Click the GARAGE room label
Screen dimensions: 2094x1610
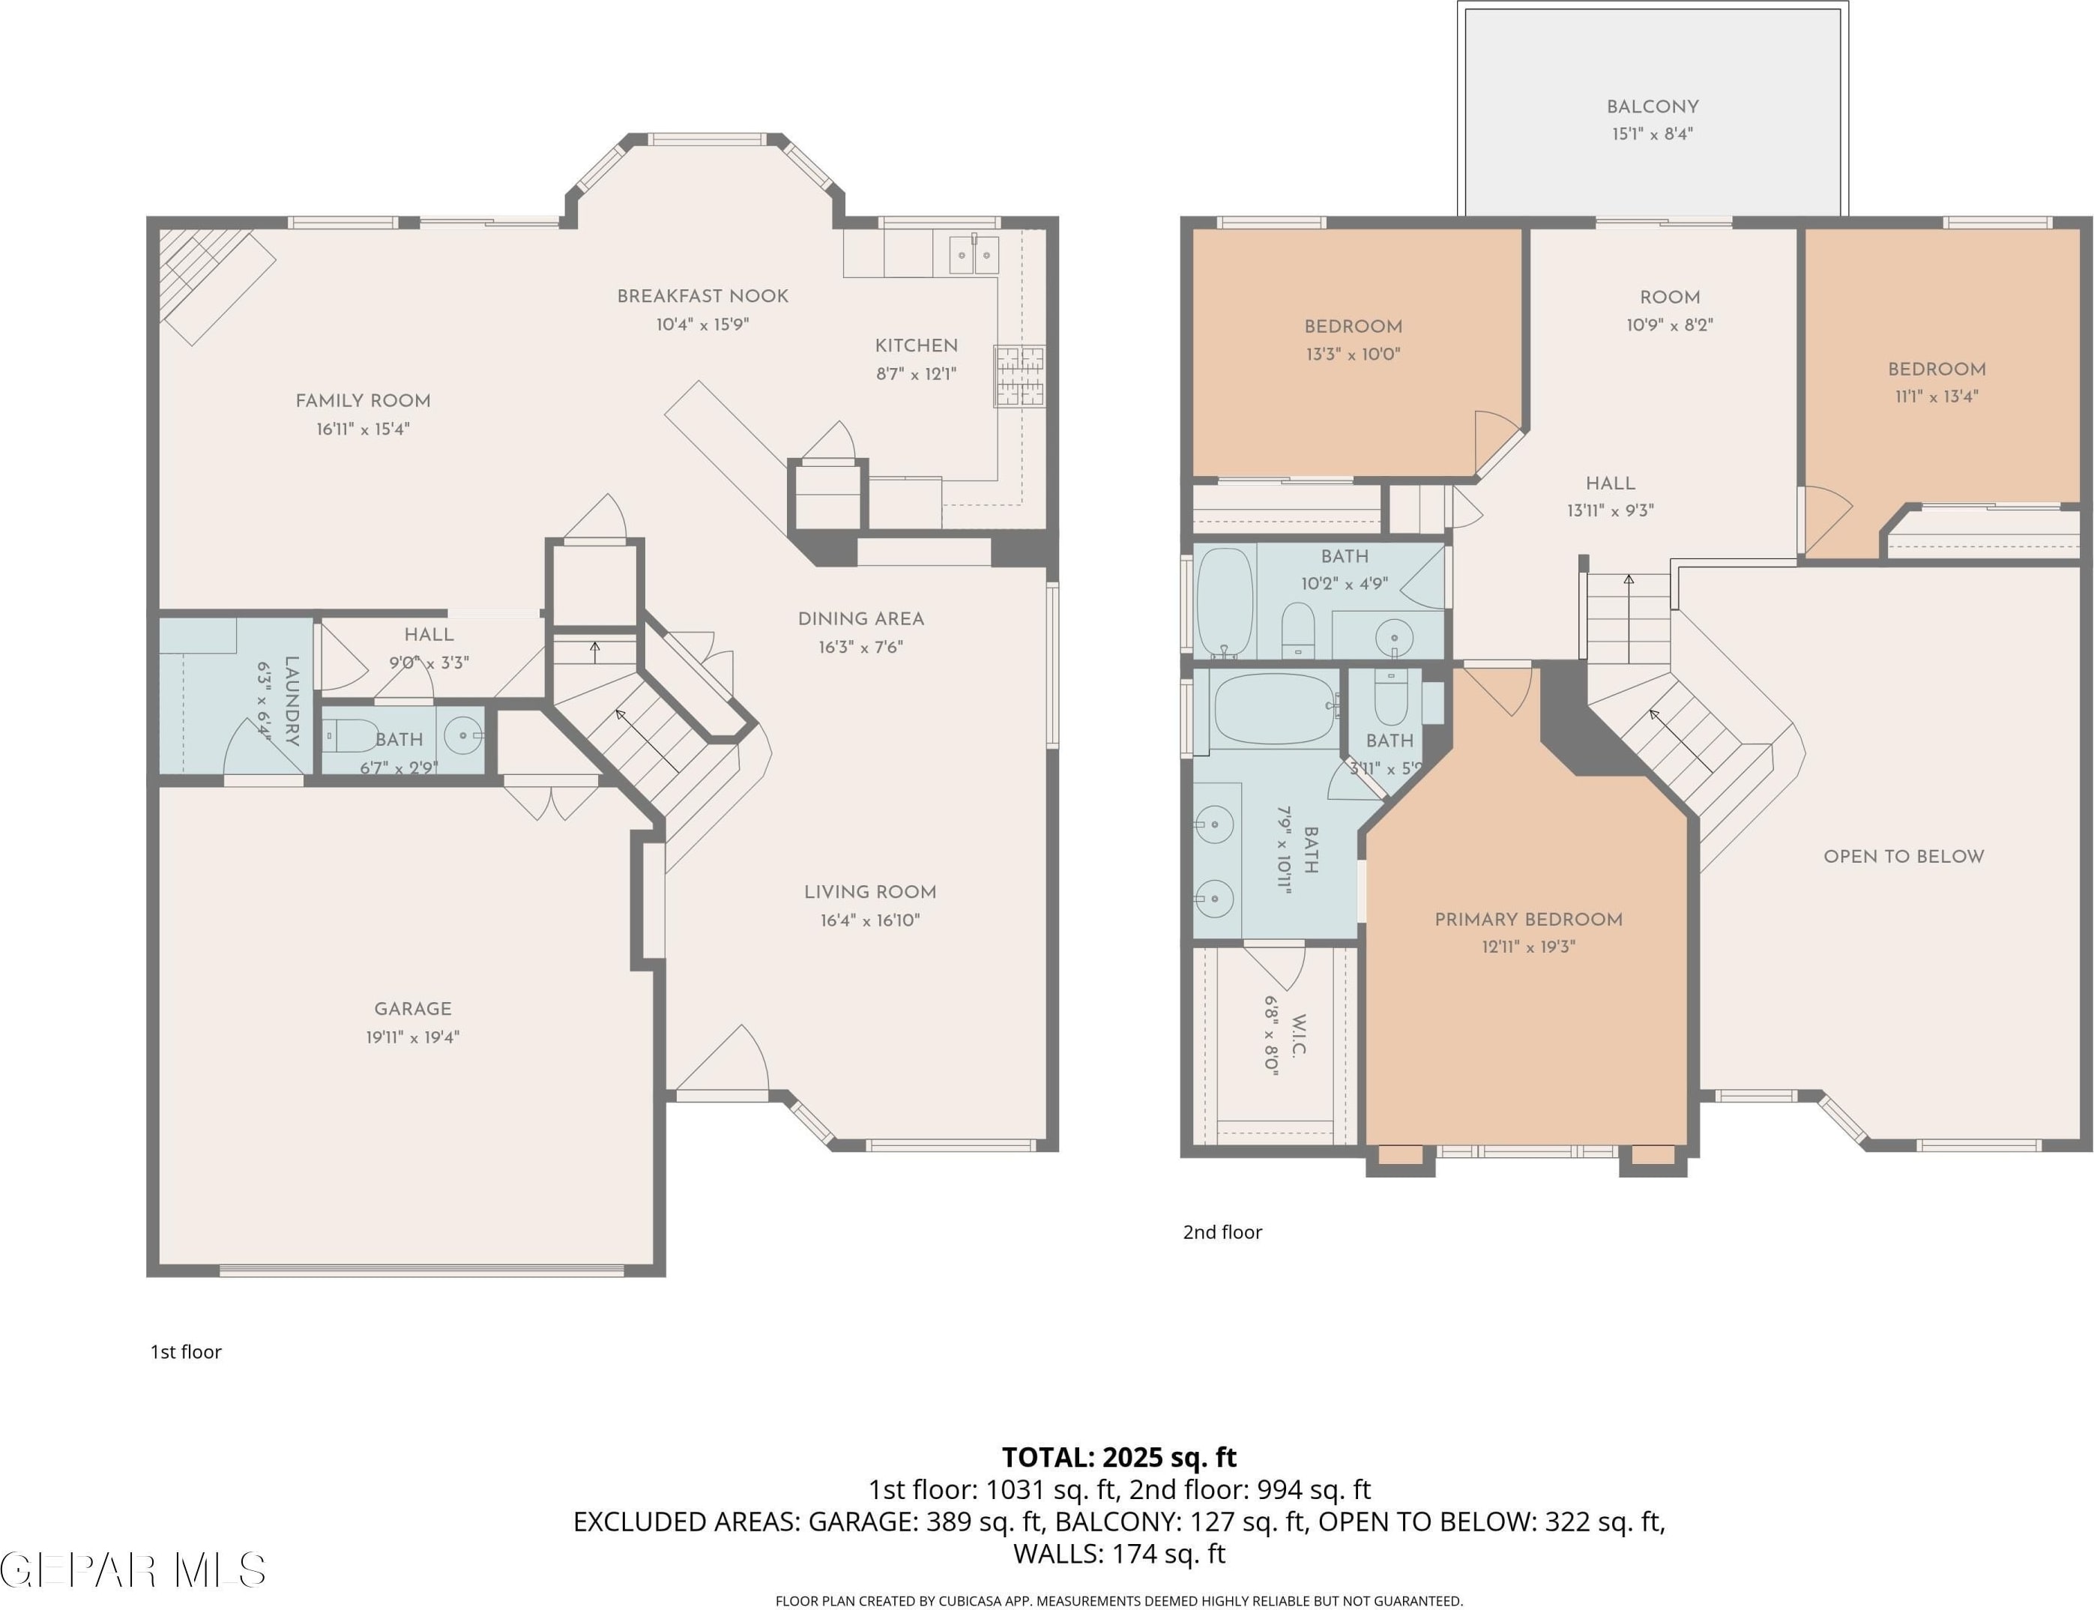tap(412, 1009)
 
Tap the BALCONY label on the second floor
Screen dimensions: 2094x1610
tap(1653, 106)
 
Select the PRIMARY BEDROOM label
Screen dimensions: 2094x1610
tap(1529, 920)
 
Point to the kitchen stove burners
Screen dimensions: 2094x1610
tap(1019, 376)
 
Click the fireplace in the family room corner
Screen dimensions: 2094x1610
tap(217, 285)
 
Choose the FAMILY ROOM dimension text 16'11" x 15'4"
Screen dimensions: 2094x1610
tap(363, 429)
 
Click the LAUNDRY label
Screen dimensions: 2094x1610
tap(292, 701)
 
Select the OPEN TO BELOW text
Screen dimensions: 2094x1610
tap(1904, 857)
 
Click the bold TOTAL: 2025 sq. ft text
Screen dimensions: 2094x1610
tap(1120, 1458)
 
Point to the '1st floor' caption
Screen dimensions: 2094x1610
tap(186, 1352)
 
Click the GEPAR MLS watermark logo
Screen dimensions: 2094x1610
tap(133, 1570)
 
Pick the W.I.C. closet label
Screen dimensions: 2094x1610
tap(1300, 1035)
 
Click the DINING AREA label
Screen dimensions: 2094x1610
tap(860, 619)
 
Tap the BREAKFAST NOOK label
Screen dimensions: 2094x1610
tap(702, 296)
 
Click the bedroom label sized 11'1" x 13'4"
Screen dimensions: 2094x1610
tap(1937, 369)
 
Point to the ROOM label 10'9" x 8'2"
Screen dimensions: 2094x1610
tap(1670, 297)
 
